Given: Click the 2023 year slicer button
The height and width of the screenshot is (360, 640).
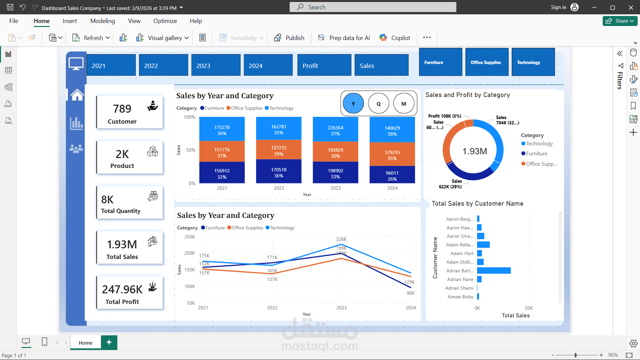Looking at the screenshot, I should click(216, 65).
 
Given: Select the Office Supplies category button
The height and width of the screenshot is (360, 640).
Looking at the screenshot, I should click(486, 62).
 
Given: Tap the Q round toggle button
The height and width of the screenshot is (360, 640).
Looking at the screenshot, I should click(378, 104).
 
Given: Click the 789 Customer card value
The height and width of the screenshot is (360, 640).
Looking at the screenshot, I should click(122, 109).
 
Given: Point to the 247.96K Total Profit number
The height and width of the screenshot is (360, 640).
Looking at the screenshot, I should click(122, 289).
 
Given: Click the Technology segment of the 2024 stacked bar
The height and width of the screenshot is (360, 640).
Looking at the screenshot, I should click(392, 131).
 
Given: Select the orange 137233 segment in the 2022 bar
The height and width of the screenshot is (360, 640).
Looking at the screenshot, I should click(279, 150).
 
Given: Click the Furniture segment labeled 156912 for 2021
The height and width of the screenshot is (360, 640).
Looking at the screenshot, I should click(222, 173).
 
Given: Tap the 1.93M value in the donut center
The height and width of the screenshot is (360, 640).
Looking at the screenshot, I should click(474, 151).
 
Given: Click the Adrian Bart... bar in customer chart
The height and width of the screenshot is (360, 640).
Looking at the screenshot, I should click(494, 271).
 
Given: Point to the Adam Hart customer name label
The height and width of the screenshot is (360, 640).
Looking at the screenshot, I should click(462, 253).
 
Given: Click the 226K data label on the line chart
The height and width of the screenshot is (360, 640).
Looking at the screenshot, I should click(341, 239).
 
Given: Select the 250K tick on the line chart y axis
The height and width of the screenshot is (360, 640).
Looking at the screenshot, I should click(190, 237).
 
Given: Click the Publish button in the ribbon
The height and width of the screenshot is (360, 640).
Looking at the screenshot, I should click(289, 38).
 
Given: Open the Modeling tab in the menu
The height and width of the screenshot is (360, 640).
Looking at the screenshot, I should click(102, 21).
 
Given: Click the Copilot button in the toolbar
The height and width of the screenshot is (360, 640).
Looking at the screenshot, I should click(395, 38).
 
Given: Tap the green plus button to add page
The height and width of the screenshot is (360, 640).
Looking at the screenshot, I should click(109, 342).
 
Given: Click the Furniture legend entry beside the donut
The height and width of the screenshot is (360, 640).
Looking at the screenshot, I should click(536, 154).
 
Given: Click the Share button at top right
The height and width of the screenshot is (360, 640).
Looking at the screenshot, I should click(620, 21).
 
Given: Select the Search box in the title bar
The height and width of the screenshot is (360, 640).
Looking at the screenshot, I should click(373, 7).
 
